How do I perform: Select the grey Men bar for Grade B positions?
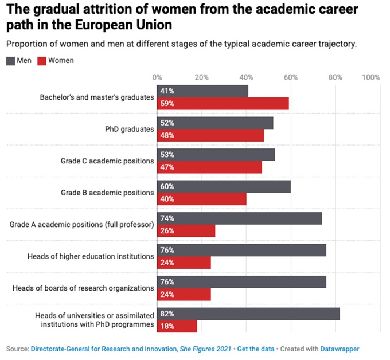[224, 186]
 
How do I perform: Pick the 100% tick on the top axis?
[371, 77]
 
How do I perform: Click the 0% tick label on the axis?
[157, 77]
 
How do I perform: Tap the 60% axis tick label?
[290, 77]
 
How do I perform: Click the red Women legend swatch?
[42, 60]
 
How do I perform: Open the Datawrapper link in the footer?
[340, 348]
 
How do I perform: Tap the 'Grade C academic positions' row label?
[107, 161]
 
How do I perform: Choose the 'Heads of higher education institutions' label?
[91, 256]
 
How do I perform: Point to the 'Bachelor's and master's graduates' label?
[97, 97]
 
